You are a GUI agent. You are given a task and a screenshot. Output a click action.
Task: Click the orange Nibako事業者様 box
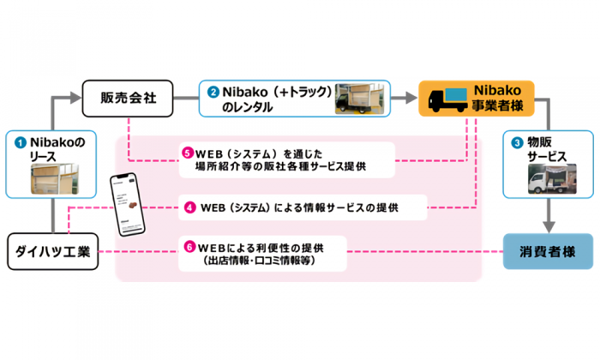coord(477,98)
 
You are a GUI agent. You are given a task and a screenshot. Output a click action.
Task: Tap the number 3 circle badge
coord(515,142)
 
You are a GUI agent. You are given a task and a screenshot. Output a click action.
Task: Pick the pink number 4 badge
coord(189,207)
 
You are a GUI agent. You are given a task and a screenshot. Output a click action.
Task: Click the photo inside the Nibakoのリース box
coord(51,179)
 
